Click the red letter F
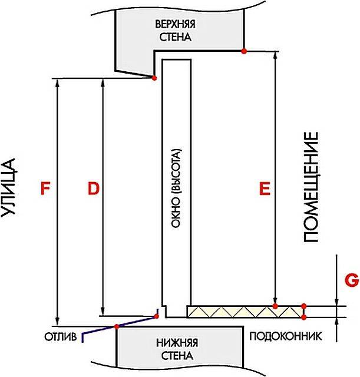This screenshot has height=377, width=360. [x=45, y=188]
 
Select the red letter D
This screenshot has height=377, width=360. [x=94, y=188]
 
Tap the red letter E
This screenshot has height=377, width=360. [x=265, y=188]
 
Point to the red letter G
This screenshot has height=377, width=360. [x=352, y=280]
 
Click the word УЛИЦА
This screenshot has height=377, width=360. [x=9, y=188]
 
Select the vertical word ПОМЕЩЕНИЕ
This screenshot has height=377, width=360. [x=311, y=187]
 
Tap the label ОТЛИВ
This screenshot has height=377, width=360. [x=60, y=337]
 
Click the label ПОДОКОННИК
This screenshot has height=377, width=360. [x=285, y=336]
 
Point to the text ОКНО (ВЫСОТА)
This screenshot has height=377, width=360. [x=176, y=188]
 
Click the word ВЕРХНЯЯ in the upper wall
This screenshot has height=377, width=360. [x=175, y=24]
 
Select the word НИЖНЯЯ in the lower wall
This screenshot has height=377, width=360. [x=177, y=343]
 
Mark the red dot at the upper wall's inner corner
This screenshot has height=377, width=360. [x=244, y=51]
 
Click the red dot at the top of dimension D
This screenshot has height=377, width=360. [x=154, y=78]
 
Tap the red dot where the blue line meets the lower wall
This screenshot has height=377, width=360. [x=117, y=326]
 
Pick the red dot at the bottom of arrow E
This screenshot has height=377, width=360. [x=275, y=306]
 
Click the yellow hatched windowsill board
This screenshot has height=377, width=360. [x=245, y=312]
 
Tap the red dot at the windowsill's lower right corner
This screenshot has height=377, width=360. [x=303, y=318]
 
